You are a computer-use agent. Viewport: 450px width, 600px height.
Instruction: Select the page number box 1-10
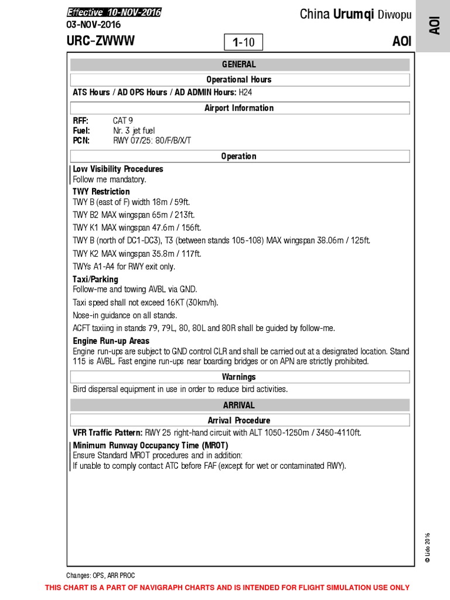point(243,42)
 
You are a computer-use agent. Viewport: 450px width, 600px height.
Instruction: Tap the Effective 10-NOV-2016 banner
point(114,12)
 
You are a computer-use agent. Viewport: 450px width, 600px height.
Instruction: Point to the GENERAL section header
point(238,64)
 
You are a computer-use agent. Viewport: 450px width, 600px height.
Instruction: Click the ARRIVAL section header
point(238,405)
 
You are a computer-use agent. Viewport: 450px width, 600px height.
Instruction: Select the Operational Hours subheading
point(238,80)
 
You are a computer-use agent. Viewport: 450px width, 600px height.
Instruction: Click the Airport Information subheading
point(238,108)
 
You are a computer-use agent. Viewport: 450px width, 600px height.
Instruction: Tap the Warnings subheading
point(238,377)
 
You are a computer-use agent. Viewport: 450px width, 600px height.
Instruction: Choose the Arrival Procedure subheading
point(238,420)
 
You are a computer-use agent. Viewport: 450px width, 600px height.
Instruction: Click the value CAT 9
point(123,120)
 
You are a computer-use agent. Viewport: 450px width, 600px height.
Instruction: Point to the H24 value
point(246,93)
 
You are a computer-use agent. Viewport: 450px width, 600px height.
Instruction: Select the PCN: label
point(81,141)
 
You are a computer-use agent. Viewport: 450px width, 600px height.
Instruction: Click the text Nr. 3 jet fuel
point(134,131)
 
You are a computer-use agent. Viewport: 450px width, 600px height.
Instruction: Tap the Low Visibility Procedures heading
point(118,169)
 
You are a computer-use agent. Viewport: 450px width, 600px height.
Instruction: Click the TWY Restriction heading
point(101,192)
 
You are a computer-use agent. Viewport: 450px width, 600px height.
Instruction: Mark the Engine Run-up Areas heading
point(111,340)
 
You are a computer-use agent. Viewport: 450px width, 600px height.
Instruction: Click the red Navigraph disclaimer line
point(227,588)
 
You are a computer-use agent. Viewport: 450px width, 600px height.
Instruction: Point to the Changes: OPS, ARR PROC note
point(100,575)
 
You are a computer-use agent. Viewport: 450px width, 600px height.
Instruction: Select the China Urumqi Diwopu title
point(356,15)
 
